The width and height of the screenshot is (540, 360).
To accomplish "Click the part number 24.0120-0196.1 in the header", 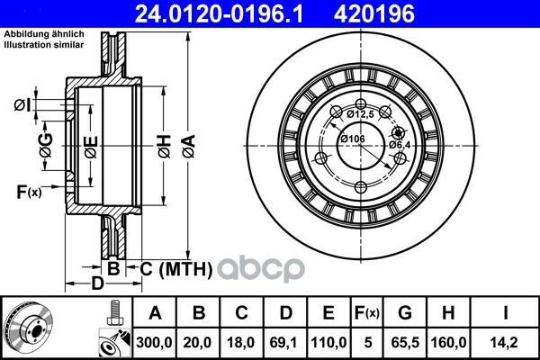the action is [x=219, y=14].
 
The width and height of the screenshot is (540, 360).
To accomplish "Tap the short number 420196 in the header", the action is [x=374, y=14].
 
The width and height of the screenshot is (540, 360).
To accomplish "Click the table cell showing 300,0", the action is [x=154, y=342].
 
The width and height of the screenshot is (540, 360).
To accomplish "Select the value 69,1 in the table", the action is [x=284, y=342].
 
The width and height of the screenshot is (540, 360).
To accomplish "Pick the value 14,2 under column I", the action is [x=505, y=342].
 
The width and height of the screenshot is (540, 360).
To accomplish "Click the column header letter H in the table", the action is [x=448, y=313].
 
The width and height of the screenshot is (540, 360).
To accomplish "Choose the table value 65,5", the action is [x=405, y=342].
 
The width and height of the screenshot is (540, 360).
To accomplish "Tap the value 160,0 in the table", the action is [x=448, y=342].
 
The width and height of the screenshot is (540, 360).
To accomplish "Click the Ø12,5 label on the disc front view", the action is [x=360, y=114].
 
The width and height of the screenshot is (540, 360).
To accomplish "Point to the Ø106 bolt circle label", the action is [x=353, y=139].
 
